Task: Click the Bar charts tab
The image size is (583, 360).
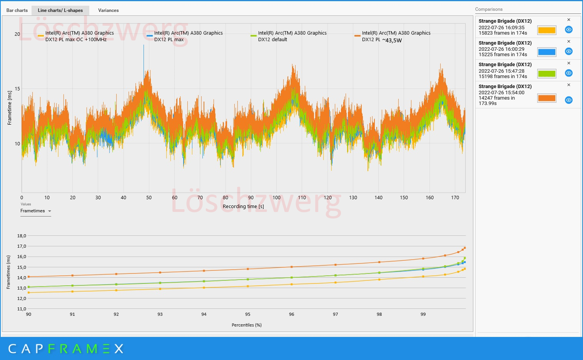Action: tap(17, 10)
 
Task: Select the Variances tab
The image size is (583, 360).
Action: tap(108, 10)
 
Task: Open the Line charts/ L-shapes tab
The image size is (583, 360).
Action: tap(60, 10)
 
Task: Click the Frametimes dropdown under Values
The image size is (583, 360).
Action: tap(35, 211)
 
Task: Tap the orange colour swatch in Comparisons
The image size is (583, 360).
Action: tap(546, 98)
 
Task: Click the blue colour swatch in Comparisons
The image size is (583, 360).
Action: tap(546, 52)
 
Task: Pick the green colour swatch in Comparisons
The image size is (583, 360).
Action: tap(546, 73)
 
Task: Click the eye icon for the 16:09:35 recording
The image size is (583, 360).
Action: tap(568, 30)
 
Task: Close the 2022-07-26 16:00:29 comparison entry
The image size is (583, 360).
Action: tap(569, 42)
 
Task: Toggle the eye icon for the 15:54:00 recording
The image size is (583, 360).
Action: tap(568, 100)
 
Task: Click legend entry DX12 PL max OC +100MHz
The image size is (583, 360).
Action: tap(76, 36)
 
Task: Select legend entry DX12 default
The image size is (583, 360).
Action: tap(272, 39)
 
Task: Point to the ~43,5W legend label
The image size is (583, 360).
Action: tap(392, 40)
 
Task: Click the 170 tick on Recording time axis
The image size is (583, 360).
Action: tap(455, 198)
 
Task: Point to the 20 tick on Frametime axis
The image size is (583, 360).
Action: tap(17, 34)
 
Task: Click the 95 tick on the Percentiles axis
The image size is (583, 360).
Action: tap(248, 314)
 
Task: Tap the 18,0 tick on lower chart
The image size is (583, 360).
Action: tap(22, 236)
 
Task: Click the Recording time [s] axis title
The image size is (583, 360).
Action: tap(243, 207)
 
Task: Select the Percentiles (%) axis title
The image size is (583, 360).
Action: tap(247, 325)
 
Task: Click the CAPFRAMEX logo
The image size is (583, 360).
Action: tap(65, 349)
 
